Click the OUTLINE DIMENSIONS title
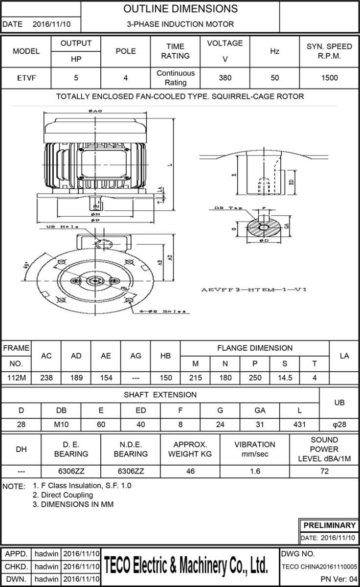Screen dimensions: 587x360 pyautogui.click(x=180, y=9)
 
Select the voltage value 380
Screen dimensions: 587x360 pyautogui.click(x=225, y=77)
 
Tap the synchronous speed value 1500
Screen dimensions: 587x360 pyautogui.click(x=329, y=77)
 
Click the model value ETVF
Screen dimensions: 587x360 pyautogui.click(x=25, y=77)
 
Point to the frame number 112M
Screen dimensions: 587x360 pyautogui.click(x=16, y=378)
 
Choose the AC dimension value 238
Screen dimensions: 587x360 pyautogui.click(x=46, y=378)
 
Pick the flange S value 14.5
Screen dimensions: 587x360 pyautogui.click(x=285, y=378)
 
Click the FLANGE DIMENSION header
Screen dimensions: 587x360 pyautogui.click(x=254, y=348)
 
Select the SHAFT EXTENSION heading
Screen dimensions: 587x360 pyautogui.click(x=160, y=395)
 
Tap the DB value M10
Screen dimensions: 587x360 pyautogui.click(x=61, y=425)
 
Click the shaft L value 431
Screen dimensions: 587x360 pyautogui.click(x=299, y=425)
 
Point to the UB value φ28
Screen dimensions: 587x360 pyautogui.click(x=339, y=425)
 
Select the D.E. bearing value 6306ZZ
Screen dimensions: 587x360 pyautogui.click(x=71, y=471)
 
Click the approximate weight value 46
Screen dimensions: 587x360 pyautogui.click(x=190, y=471)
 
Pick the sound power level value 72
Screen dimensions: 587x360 pyautogui.click(x=324, y=471)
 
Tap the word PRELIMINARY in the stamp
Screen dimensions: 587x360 pyautogui.click(x=329, y=525)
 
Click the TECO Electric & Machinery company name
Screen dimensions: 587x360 pyautogui.click(x=186, y=566)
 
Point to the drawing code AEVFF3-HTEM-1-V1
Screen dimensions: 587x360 pyautogui.click(x=254, y=290)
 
